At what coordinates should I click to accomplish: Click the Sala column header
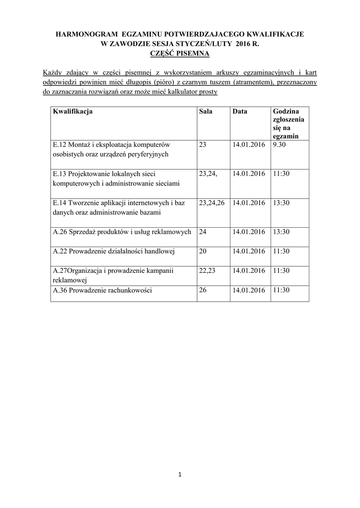(206, 112)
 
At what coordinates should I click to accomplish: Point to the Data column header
(239, 112)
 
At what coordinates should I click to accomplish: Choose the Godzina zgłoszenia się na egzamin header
(288, 124)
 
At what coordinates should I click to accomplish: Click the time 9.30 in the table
(280, 145)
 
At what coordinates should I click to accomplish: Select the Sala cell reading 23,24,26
(212, 202)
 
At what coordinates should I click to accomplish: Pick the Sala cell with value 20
(203, 251)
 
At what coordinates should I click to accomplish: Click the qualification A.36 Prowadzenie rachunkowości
(102, 290)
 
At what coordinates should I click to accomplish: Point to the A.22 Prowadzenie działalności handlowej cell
(114, 251)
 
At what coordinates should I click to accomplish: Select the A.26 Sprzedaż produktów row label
(122, 232)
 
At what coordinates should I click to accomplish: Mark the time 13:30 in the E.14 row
(281, 202)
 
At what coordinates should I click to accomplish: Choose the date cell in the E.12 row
(248, 145)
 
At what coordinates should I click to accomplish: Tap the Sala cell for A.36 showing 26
(203, 290)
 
